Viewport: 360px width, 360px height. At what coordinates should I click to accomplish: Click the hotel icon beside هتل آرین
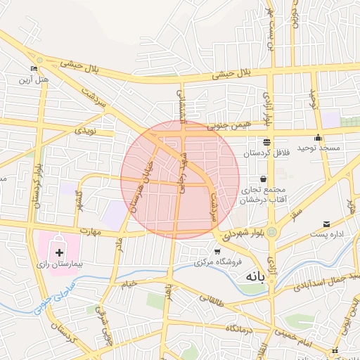[x=34, y=69]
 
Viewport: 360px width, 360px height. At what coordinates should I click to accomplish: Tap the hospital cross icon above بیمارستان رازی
[x=59, y=250]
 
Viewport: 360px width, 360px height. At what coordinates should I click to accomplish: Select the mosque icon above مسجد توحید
[x=319, y=138]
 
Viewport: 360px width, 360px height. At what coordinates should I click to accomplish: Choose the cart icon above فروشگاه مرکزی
[x=217, y=251]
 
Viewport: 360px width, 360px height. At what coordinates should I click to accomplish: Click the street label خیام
[x=129, y=284]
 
